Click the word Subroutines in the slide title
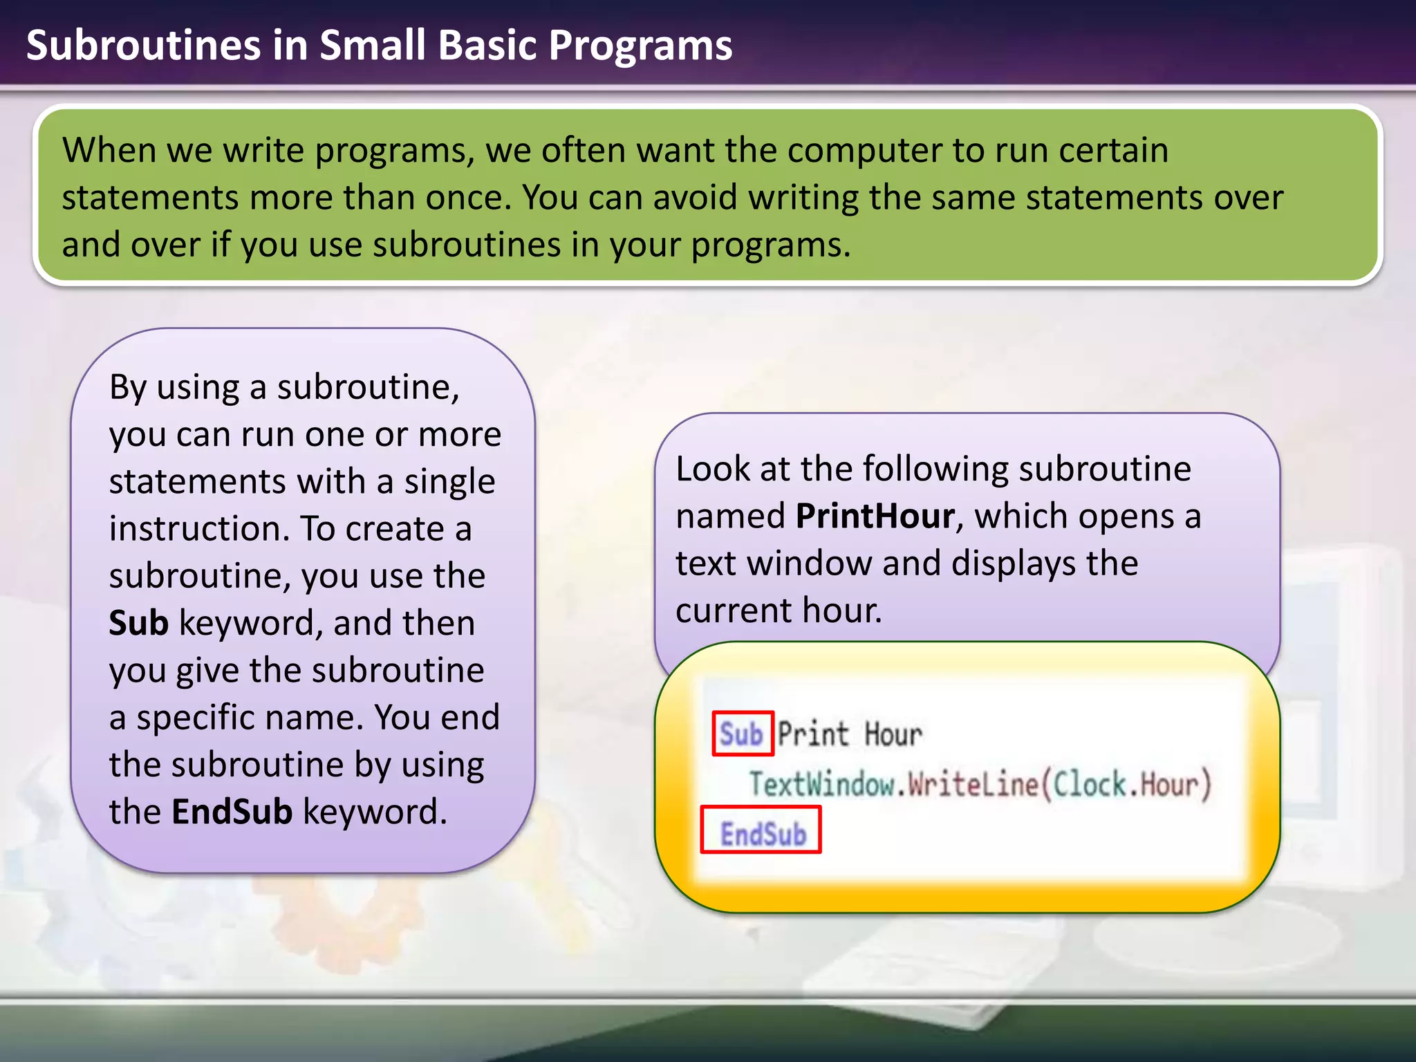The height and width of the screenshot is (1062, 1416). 143,46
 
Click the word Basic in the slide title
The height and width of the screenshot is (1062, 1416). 487,46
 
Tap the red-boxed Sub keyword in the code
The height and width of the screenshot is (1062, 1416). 742,734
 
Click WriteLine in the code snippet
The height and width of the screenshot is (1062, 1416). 973,785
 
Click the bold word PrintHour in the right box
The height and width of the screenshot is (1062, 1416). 875,516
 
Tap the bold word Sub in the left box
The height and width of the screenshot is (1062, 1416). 138,624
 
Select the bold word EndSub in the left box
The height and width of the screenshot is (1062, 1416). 232,812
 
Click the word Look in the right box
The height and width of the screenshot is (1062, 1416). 712,469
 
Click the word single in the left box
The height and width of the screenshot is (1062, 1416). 449,482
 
